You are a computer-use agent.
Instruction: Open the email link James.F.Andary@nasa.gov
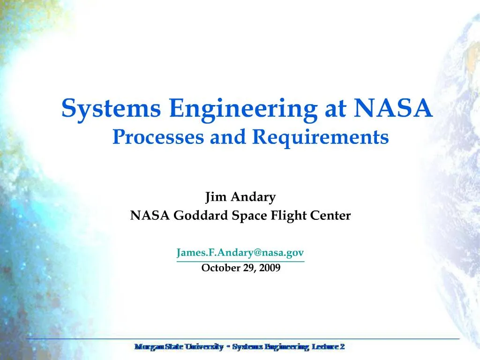point(240,253)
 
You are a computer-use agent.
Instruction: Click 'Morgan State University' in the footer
point(179,347)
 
